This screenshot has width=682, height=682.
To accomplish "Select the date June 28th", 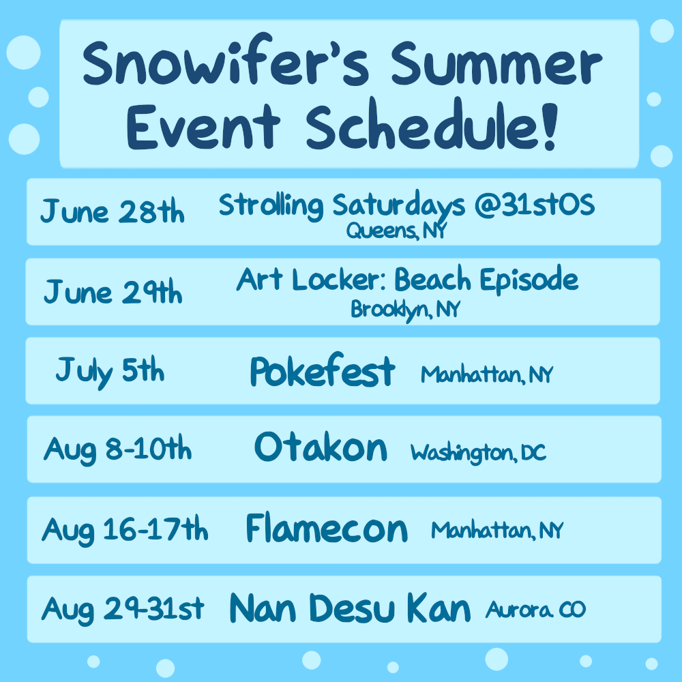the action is coord(113,211).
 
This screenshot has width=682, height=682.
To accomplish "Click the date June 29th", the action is coord(113,291).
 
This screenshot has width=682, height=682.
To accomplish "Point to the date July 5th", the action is coord(110,372).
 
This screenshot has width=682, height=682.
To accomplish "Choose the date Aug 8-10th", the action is coord(117,449).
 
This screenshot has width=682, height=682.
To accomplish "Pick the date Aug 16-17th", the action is coord(125,530).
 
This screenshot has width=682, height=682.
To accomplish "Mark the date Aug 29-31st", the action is coord(123,609).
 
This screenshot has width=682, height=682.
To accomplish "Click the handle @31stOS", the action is coord(535,204).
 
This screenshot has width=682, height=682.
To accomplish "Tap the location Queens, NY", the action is coord(397,231).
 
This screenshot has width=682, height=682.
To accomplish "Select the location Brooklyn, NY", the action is coord(405,310).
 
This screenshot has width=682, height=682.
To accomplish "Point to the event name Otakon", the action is coord(321,447).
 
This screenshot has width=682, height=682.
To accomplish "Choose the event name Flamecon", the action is coord(327,528).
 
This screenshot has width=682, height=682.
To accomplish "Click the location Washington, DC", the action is coord(479,454).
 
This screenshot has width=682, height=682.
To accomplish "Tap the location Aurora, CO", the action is coord(536,609).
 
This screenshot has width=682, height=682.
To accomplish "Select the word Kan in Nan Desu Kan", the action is coord(439,608).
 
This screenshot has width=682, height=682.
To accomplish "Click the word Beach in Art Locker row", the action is coord(432,279).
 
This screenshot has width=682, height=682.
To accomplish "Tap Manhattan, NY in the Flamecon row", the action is coord(497,531).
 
